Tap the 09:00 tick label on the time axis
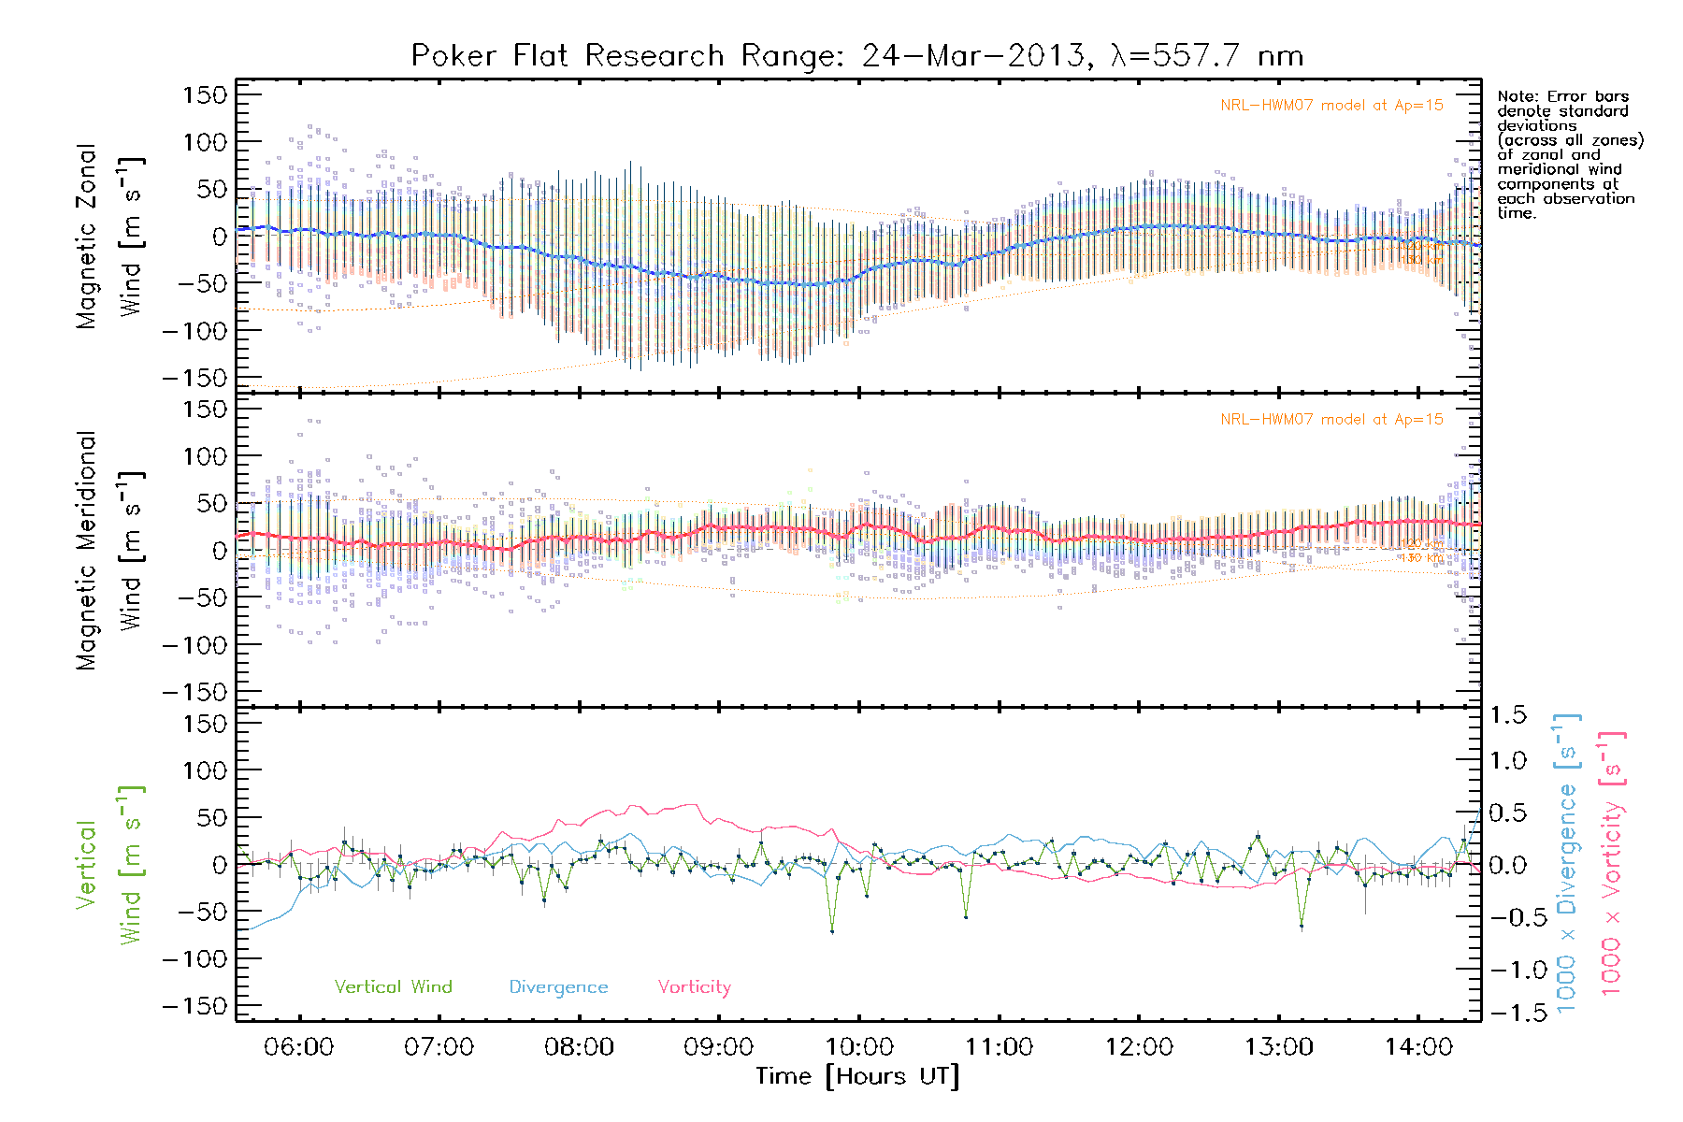pyautogui.click(x=718, y=1047)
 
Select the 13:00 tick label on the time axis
pyautogui.click(x=1278, y=1047)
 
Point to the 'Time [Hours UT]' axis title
pyautogui.click(x=857, y=1076)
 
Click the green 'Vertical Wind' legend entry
pyautogui.click(x=393, y=986)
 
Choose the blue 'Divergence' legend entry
pyautogui.click(x=558, y=986)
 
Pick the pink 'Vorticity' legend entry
pyautogui.click(x=694, y=986)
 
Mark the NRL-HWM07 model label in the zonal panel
pyautogui.click(x=1331, y=106)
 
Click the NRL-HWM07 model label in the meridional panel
pyautogui.click(x=1331, y=420)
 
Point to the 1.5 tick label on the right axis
pyautogui.click(x=1507, y=715)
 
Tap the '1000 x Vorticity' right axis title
pyautogui.click(x=1611, y=864)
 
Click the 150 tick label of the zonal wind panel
pyautogui.click(x=205, y=94)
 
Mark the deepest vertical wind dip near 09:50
pyautogui.click(x=832, y=931)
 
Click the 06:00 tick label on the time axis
pyautogui.click(x=298, y=1047)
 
